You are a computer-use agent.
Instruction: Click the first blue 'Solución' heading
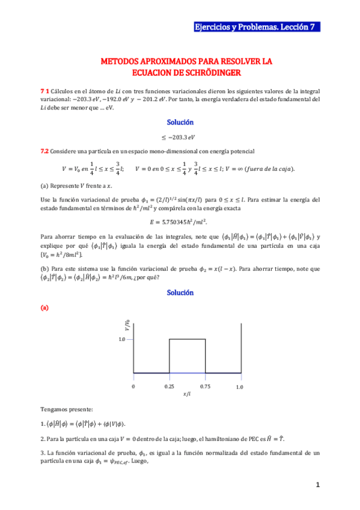(180, 122)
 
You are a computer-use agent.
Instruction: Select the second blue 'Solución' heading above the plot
(180, 292)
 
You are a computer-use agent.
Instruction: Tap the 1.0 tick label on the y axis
(122, 340)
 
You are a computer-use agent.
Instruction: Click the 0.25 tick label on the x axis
(169, 387)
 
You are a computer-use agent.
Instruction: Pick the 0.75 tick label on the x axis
(206, 387)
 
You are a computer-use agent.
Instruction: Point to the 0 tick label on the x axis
(133, 387)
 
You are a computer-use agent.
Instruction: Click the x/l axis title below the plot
(187, 394)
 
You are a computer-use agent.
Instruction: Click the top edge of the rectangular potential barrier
(187, 340)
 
